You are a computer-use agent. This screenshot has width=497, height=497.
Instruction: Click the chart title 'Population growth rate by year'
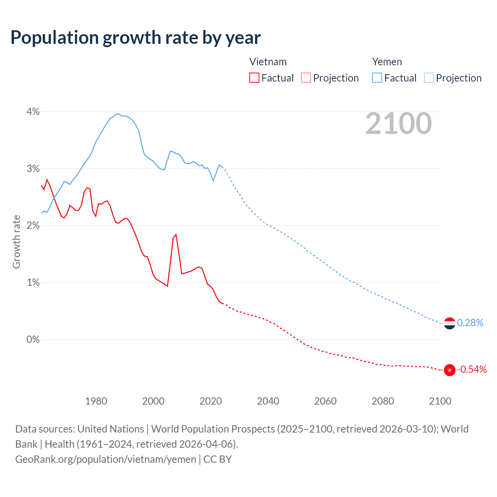point(136,38)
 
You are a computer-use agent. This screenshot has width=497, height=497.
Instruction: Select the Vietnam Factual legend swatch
point(254,78)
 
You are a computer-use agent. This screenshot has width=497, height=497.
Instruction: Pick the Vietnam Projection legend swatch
point(306,78)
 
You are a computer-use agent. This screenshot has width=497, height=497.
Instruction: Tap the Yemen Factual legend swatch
point(377,78)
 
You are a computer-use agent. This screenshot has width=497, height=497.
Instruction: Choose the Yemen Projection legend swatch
point(429,78)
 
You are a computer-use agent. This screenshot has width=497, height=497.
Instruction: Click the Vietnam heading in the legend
point(268,62)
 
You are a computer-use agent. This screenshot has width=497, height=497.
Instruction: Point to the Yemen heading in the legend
point(387,62)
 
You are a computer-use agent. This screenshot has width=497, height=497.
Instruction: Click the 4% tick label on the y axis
point(33,112)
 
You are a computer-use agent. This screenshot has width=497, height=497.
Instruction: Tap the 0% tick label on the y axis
point(33,339)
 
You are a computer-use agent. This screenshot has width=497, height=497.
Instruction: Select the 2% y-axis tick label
point(33,226)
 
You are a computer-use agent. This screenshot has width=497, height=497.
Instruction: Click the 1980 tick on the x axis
point(96,401)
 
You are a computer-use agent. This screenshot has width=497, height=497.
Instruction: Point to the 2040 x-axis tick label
point(268,401)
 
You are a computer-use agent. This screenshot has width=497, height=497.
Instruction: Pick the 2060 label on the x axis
point(325,401)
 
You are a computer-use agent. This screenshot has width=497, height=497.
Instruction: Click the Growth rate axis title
point(16,242)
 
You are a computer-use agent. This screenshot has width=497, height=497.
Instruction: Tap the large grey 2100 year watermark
point(398,123)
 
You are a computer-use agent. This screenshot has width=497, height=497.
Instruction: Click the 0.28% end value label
point(470,323)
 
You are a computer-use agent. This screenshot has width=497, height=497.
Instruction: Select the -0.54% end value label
point(472,369)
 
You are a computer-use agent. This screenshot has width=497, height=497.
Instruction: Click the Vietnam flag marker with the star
point(450,370)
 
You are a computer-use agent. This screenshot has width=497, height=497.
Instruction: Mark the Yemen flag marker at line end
point(450,323)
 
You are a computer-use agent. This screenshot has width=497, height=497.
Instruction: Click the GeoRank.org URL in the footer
point(106,459)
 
